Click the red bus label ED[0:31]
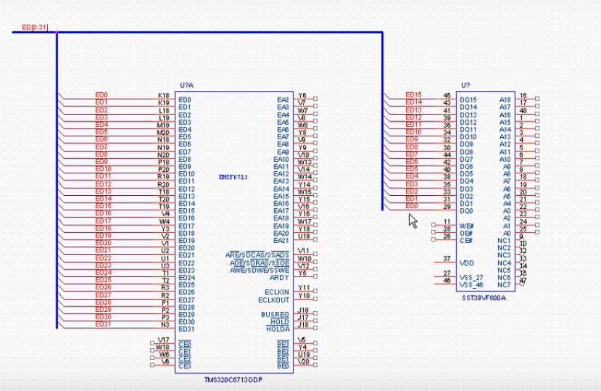click(34, 28)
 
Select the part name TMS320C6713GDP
click(234, 380)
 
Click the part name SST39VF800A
click(484, 297)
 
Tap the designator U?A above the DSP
click(187, 86)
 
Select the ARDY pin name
click(280, 277)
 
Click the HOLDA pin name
click(278, 329)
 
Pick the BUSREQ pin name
click(275, 314)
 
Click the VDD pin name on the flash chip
click(467, 263)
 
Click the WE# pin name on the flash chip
click(466, 226)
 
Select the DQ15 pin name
click(469, 99)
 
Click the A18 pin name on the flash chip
click(505, 99)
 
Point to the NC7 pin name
click(504, 284)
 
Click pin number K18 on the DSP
click(163, 95)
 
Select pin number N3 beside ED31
click(165, 324)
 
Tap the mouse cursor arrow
click(413, 221)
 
